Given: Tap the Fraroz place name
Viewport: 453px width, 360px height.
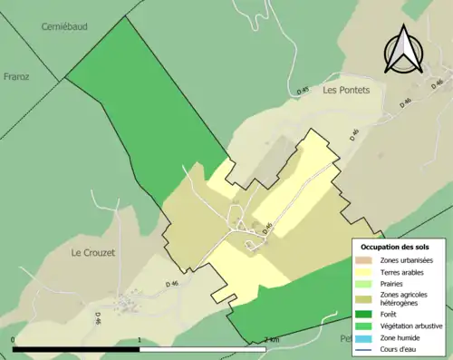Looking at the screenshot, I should [x=17, y=77].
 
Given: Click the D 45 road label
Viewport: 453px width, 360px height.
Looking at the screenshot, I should [x=303, y=90].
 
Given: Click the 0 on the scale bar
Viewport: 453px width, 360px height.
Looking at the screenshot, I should [x=14, y=340].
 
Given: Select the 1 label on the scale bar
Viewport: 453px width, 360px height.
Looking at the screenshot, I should [x=139, y=340].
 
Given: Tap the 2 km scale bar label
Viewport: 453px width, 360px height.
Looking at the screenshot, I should [x=270, y=340].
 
